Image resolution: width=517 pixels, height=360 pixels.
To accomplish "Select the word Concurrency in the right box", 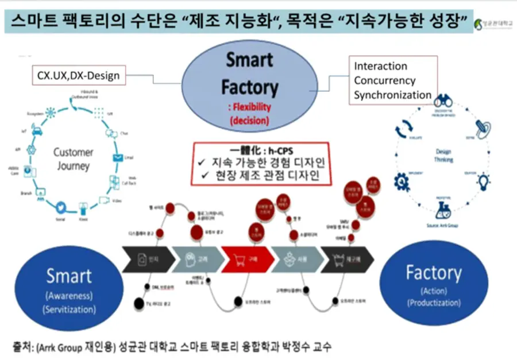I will pyautogui.click(x=384, y=80).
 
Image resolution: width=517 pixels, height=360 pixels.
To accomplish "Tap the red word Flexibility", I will pyautogui.click(x=250, y=107).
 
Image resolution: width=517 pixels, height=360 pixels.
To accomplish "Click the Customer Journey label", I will pyautogui.click(x=73, y=159).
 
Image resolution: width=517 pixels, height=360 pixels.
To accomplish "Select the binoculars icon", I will pyautogui.click(x=442, y=103).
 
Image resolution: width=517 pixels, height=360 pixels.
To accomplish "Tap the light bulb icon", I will pyautogui.click(x=484, y=181).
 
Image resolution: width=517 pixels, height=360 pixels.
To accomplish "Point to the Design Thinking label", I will pyautogui.click(x=443, y=156).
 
